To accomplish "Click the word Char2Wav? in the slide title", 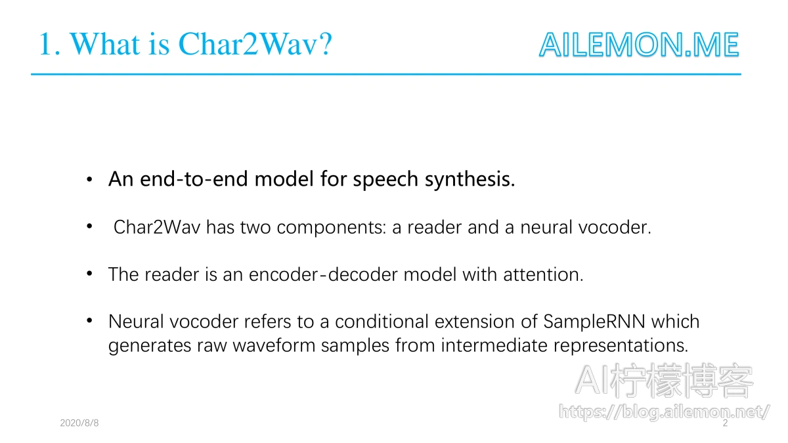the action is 255,44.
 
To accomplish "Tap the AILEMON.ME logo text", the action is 639,45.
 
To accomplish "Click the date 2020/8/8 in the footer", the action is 79,423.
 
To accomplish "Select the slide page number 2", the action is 725,423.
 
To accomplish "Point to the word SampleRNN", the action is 594,322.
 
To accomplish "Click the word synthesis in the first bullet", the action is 470,179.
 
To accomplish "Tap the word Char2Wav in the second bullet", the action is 157,227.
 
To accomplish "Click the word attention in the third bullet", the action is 543,274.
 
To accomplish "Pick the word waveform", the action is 274,346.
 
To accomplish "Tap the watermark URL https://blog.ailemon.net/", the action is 664,411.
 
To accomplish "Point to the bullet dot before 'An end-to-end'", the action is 89,179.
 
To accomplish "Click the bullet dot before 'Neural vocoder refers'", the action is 89,321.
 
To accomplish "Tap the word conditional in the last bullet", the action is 382,322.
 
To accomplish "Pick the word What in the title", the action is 105,44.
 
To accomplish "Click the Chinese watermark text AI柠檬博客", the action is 664,381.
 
